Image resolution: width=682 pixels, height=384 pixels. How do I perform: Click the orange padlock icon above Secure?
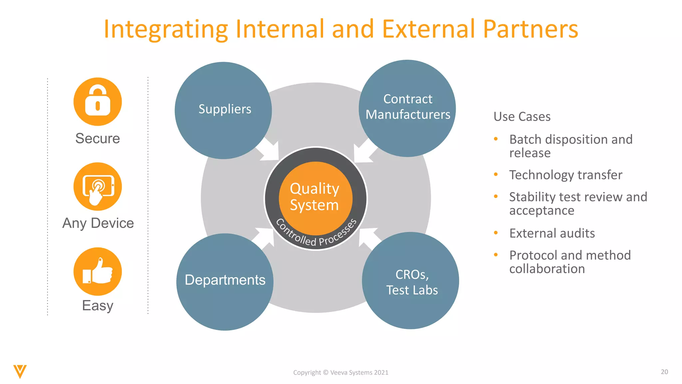coord(98,102)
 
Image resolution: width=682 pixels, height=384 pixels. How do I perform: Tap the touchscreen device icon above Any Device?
coord(98,187)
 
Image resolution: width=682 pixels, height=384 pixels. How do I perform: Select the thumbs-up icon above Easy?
coord(98,272)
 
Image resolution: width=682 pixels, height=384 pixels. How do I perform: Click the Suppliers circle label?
coord(225,109)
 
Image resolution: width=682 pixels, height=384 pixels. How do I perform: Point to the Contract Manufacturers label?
coord(408,107)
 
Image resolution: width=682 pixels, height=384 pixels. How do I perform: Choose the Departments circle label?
coord(225,280)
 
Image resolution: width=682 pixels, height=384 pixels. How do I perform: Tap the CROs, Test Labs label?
coord(412,282)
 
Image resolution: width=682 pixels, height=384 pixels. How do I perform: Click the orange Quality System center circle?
coord(315,197)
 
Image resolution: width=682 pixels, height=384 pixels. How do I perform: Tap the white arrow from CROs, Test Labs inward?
coord(368,237)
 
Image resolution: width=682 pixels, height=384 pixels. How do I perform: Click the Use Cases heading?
coord(522,117)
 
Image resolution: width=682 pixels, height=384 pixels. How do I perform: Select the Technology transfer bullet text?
coord(565,175)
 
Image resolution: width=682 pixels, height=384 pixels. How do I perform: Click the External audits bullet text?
coord(552,233)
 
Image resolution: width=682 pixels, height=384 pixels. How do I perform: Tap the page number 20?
coord(664,372)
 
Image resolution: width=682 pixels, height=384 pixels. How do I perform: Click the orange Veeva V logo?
coord(20,371)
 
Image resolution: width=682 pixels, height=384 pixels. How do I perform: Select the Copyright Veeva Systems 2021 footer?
coord(341,373)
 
